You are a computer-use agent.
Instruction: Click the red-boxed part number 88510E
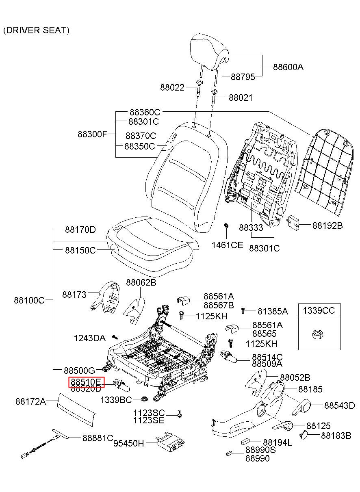(x=86, y=382)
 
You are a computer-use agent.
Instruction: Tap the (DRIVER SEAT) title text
(x=36, y=30)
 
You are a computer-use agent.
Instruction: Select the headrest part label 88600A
(x=288, y=67)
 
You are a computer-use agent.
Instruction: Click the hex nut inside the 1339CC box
(x=318, y=334)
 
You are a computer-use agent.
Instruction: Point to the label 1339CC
(x=319, y=311)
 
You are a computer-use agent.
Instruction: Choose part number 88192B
(x=327, y=225)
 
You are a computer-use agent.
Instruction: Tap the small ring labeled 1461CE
(x=227, y=225)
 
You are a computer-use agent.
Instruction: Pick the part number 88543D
(x=340, y=405)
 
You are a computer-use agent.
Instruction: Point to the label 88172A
(x=30, y=401)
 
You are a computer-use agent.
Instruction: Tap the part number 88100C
(x=29, y=300)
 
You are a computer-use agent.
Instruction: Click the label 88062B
(x=141, y=282)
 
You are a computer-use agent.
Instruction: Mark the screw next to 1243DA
(x=115, y=337)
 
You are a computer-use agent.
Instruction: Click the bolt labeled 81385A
(x=243, y=311)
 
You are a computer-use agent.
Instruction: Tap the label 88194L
(x=278, y=442)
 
